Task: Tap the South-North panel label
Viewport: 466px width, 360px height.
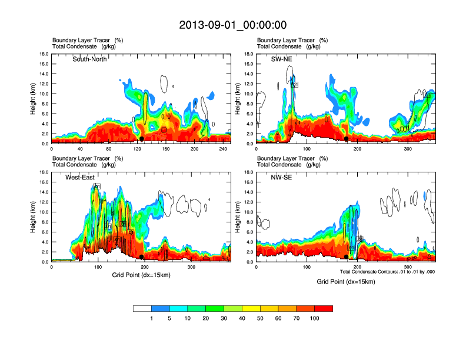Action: tap(89, 59)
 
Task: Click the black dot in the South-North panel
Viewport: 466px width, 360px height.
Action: tap(141, 139)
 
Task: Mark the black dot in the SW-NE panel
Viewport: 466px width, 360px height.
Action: tap(347, 139)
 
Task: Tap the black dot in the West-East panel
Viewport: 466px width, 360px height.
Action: tap(142, 257)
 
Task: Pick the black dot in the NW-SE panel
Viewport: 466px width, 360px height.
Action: tap(346, 256)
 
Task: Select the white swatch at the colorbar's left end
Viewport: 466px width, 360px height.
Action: tap(142, 308)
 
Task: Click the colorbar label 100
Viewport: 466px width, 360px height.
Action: tap(314, 318)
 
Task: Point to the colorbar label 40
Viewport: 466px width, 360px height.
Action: tap(242, 318)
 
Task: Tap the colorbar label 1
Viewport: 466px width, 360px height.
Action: tap(151, 318)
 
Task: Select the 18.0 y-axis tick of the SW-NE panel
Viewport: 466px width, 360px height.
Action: tap(249, 54)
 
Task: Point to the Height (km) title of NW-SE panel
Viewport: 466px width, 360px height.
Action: tap(238, 218)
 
